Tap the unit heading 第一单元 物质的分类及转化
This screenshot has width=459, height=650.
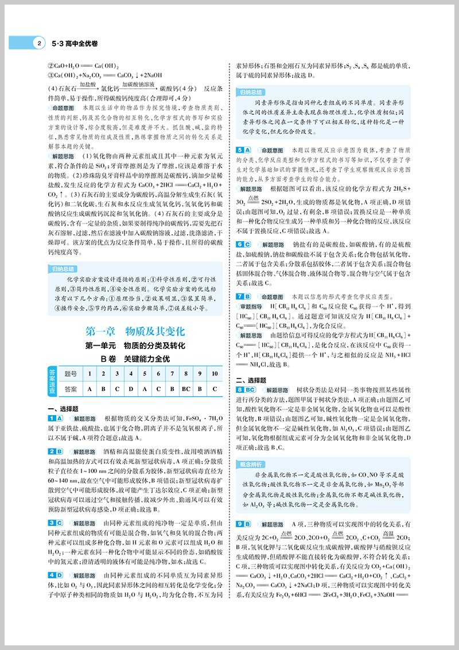(x=134, y=346)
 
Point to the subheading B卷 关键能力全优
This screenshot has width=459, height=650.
(x=135, y=359)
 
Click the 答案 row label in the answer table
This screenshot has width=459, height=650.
(x=71, y=389)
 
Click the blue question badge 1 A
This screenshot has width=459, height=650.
(x=56, y=419)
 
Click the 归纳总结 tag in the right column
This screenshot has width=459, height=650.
(x=251, y=92)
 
